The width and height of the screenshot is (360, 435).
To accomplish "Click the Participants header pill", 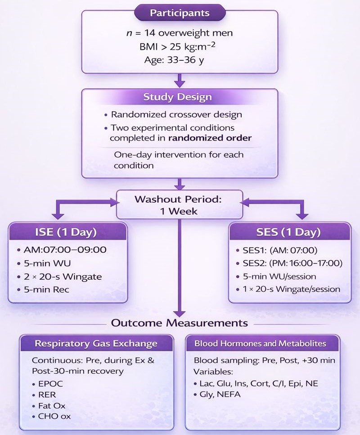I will (x=180, y=13).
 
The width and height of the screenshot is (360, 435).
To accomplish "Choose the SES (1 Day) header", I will (x=289, y=232).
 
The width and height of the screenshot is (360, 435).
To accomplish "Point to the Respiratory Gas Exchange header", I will (x=96, y=344).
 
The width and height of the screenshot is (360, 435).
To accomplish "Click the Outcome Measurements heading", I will (x=180, y=323).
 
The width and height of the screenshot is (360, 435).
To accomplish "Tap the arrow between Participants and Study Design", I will (x=180, y=80).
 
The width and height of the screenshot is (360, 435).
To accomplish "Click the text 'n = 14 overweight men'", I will (x=180, y=33).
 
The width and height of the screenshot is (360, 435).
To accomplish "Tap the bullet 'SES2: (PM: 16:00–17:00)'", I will (x=289, y=263).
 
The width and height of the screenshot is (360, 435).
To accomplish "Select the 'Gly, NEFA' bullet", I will (x=220, y=394).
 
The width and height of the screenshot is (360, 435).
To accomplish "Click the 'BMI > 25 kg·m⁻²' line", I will (x=180, y=47).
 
